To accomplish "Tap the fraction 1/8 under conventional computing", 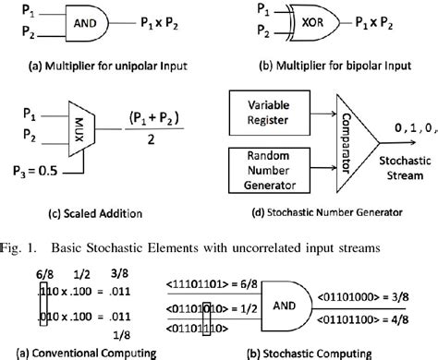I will click(x=116, y=333).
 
